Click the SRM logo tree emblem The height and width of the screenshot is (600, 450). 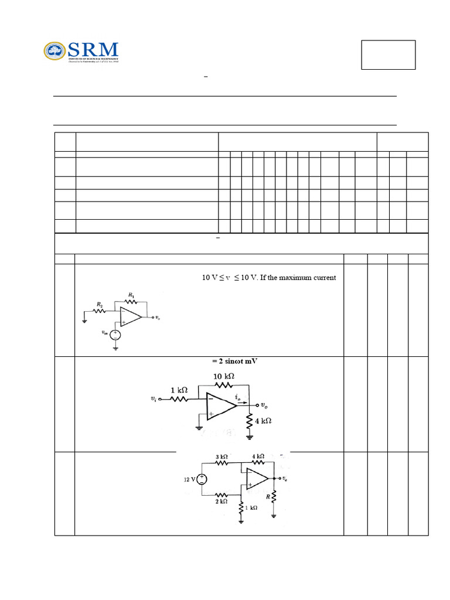56,51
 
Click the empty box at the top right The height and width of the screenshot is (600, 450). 388,55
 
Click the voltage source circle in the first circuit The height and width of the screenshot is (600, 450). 115,335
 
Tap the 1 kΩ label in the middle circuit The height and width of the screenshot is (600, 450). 179,390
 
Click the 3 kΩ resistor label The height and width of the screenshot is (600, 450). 221,456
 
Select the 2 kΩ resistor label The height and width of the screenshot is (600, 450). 221,502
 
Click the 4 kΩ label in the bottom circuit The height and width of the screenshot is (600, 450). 258,456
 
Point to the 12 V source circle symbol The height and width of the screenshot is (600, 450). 202,479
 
